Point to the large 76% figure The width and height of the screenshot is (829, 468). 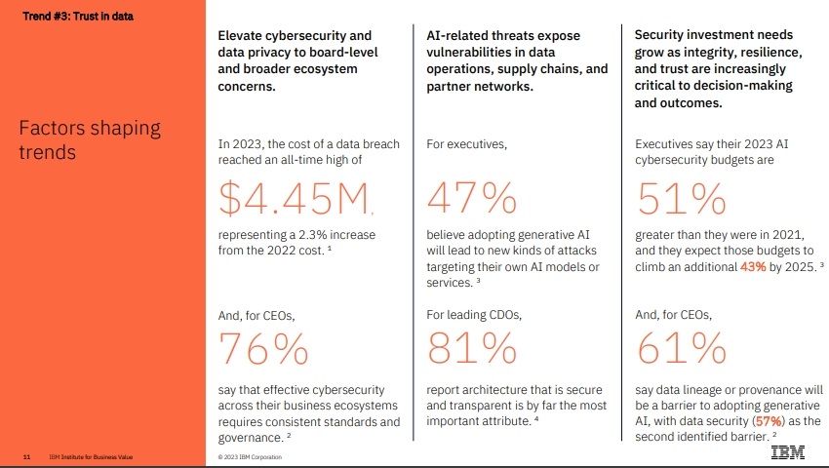(262, 348)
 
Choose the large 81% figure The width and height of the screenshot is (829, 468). (471, 348)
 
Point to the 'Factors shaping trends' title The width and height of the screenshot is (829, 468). (90, 140)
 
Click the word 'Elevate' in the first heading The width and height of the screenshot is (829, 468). (241, 35)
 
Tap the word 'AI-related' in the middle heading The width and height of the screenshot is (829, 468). (457, 35)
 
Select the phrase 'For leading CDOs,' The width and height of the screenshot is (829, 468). (474, 315)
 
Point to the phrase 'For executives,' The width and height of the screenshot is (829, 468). (467, 143)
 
